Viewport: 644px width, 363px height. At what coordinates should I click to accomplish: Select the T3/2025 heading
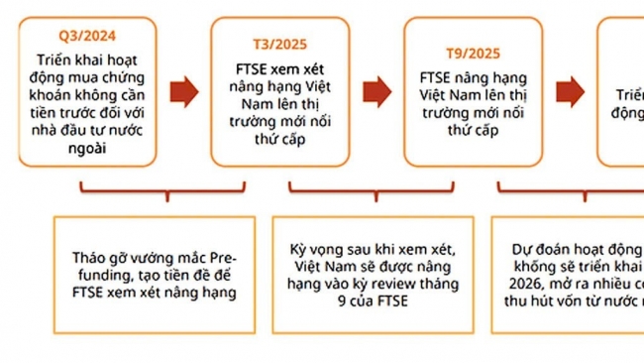(278, 46)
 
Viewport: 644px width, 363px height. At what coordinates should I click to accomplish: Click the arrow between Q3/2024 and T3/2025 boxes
(181, 91)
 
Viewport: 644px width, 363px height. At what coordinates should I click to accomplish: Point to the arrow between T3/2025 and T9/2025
(375, 91)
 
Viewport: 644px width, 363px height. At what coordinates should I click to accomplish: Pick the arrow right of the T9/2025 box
(567, 91)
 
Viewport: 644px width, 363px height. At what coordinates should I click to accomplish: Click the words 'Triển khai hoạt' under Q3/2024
(83, 59)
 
